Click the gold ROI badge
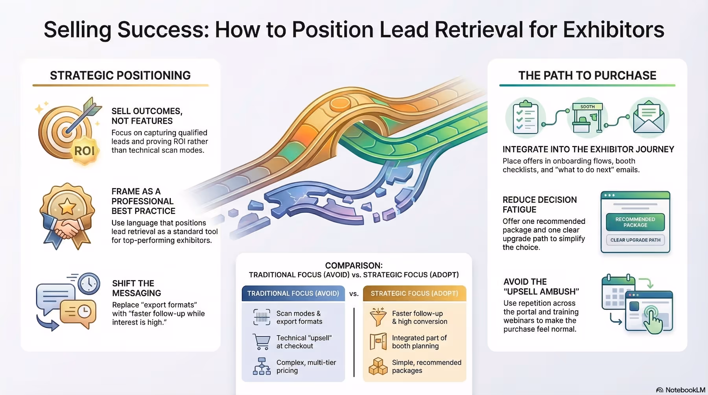(x=85, y=151)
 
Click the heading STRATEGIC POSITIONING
(x=120, y=75)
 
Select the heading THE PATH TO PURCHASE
(x=587, y=75)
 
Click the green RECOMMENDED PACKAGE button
(x=635, y=222)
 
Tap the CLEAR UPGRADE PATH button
(x=635, y=240)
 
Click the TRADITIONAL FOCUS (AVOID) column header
(x=293, y=294)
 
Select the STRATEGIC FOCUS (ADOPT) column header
(x=414, y=294)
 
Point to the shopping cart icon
(x=262, y=342)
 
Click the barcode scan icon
(x=262, y=317)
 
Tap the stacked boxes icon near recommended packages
(x=378, y=366)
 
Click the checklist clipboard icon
(x=525, y=117)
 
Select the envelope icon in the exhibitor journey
(x=649, y=117)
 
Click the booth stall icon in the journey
(x=587, y=117)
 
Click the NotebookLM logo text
(x=685, y=390)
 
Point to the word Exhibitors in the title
(x=614, y=29)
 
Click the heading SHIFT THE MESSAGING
(x=136, y=288)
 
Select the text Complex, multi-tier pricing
(x=306, y=366)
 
